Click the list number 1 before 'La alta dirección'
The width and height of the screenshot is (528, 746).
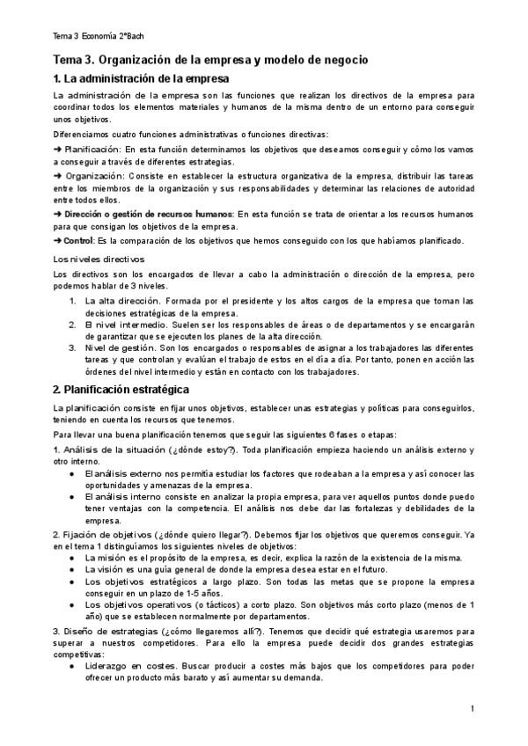72,302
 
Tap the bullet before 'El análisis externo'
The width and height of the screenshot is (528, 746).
71,474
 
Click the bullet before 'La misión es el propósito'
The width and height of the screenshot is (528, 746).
71,558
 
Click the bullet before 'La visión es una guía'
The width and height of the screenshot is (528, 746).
71,569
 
